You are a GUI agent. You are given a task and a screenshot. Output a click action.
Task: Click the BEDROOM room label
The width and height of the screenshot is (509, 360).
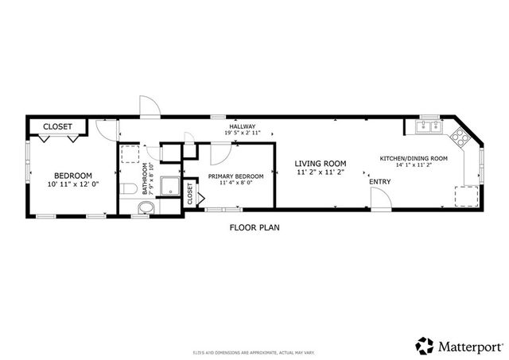click(x=73, y=176)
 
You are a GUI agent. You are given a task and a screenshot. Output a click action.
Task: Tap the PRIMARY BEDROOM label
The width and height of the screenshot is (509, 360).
click(x=235, y=175)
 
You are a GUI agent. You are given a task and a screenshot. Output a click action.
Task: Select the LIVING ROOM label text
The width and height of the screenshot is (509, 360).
click(x=321, y=163)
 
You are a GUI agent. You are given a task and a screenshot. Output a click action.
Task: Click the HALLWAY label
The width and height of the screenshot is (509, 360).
click(x=243, y=126)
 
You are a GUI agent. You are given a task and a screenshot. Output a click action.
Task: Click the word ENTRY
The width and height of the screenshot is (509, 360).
click(x=380, y=182)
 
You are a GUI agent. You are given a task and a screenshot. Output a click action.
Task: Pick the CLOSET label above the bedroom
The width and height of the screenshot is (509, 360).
click(x=57, y=126)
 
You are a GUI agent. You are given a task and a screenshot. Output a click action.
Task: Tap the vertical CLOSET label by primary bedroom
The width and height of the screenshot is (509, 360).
click(x=191, y=193)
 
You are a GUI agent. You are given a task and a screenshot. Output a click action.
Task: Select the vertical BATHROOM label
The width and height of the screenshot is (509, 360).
click(x=146, y=180)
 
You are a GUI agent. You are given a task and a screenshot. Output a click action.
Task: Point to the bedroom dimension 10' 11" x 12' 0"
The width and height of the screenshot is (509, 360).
click(x=73, y=184)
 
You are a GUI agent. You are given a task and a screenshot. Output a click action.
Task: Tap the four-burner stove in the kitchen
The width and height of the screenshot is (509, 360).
click(x=460, y=137)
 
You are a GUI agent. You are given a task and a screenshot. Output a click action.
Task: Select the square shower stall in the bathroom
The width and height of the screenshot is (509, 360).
click(x=169, y=186)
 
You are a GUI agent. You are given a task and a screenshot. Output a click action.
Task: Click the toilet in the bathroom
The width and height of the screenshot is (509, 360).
click(x=129, y=189)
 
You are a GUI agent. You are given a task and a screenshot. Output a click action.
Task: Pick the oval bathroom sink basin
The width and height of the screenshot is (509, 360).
click(x=144, y=208)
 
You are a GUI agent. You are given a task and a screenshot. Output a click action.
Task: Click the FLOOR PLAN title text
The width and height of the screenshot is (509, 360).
click(x=254, y=227)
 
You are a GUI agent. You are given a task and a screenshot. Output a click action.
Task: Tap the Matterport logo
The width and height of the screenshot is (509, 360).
click(x=459, y=345)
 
